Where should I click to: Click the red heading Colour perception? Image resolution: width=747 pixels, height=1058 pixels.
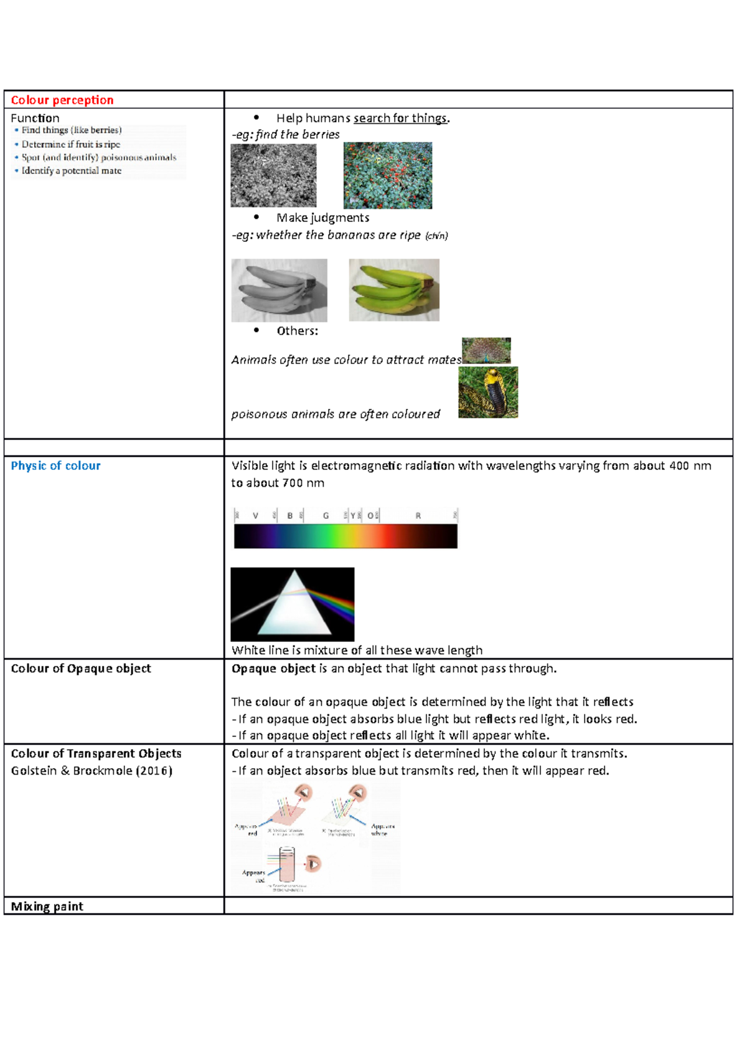[62, 100]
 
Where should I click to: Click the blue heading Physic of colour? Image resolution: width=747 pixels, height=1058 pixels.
[55, 465]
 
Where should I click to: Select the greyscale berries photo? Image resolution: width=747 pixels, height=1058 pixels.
[273, 176]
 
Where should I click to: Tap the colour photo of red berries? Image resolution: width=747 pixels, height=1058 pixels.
[388, 176]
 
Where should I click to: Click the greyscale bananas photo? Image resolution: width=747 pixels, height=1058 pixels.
[279, 290]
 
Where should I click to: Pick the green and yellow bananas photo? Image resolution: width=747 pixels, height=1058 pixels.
[394, 290]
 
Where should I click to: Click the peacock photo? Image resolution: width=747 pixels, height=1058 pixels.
[486, 351]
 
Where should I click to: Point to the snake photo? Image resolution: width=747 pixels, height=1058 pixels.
[488, 392]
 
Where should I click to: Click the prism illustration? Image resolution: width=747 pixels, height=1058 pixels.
[292, 604]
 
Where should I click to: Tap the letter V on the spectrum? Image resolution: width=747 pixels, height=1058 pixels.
[255, 516]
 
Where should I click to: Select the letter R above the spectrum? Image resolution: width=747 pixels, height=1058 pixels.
[418, 516]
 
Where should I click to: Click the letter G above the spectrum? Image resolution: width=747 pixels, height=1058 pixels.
[326, 516]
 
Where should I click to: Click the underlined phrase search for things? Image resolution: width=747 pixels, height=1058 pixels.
[400, 118]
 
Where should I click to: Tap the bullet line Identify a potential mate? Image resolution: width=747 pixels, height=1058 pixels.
[71, 171]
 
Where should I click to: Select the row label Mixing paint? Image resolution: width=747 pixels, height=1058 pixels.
[47, 906]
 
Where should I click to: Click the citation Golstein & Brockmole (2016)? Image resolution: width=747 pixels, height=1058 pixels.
[92, 771]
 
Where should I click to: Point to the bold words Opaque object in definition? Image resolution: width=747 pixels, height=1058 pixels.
[273, 669]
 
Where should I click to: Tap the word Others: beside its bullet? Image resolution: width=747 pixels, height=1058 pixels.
[297, 331]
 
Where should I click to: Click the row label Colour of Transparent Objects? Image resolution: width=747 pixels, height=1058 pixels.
[96, 753]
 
